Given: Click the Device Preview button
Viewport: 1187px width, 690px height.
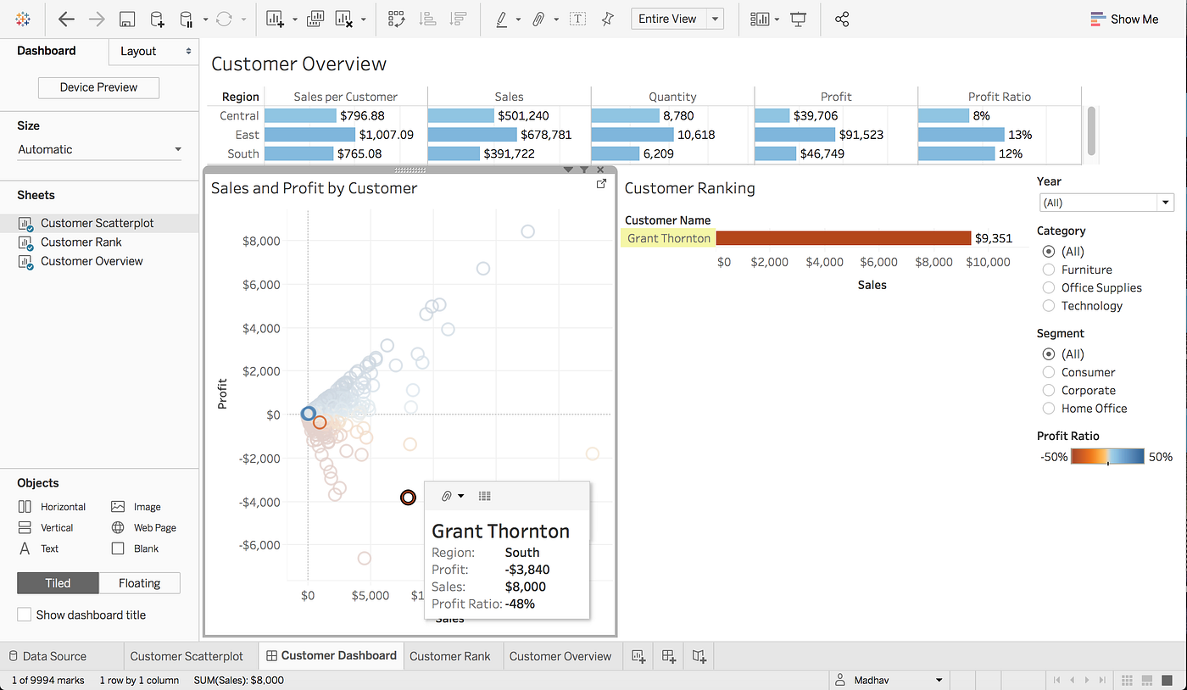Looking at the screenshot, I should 98,87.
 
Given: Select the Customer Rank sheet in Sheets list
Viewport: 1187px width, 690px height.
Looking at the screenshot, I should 81,242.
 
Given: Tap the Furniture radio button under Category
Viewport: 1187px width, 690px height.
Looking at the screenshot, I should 1049,270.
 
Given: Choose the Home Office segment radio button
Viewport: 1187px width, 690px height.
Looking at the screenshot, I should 1049,409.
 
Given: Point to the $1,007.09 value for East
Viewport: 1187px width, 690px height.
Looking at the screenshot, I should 386,135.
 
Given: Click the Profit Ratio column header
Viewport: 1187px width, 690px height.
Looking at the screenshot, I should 999,97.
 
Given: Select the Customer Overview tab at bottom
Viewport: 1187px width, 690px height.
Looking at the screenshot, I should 560,656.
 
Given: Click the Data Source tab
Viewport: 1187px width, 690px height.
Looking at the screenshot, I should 53,656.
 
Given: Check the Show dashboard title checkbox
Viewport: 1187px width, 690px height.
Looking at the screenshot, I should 25,615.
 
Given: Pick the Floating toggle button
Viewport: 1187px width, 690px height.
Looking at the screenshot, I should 139,583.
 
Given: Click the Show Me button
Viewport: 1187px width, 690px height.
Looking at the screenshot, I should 1124,19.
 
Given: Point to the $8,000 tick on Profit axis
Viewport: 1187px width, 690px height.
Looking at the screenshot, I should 260,241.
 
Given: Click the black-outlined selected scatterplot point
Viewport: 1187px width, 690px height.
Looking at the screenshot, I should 408,498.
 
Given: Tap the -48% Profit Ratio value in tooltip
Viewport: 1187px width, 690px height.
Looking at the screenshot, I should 520,604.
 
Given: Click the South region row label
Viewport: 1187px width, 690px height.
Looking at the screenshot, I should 242,153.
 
